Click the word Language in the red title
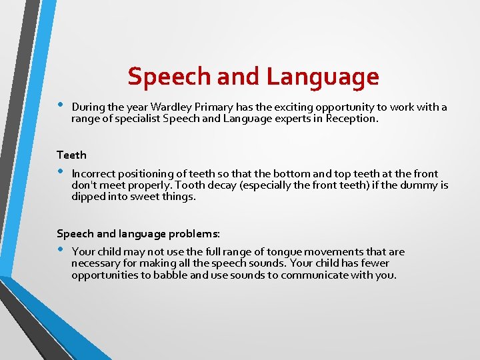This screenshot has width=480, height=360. click(323, 77)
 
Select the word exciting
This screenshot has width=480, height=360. click(279, 107)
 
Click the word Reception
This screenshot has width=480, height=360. click(351, 119)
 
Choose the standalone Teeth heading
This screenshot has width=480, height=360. click(71, 155)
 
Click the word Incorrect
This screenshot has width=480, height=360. click(95, 173)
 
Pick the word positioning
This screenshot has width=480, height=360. click(149, 173)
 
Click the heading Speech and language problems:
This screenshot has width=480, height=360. click(138, 233)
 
